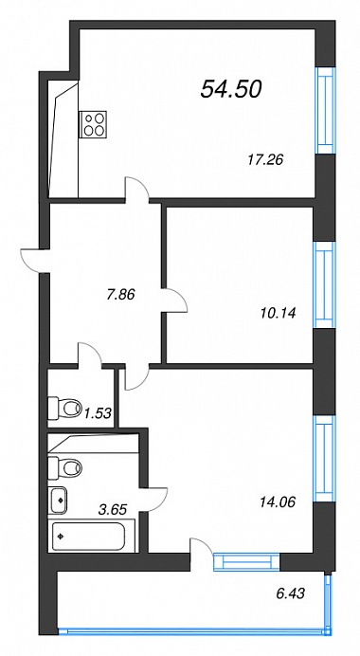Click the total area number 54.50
[x=231, y=89]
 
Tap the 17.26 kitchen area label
[x=265, y=159]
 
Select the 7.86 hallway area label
[x=120, y=295]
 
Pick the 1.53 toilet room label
[x=98, y=413]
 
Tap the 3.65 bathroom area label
[x=112, y=509]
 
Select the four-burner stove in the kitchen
[x=93, y=124]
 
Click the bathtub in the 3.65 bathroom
[x=88, y=537]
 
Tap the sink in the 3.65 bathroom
[x=58, y=500]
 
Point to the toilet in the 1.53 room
[x=64, y=407]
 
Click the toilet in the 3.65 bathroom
[x=64, y=467]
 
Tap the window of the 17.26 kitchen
[x=325, y=111]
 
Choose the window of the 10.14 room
[x=325, y=284]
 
